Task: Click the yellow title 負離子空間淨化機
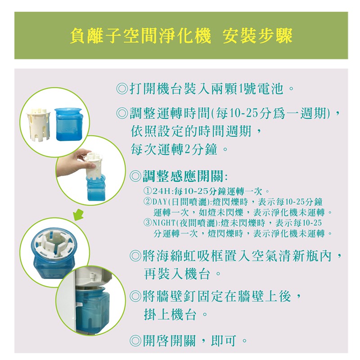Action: tap(140, 36)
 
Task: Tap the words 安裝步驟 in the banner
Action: tap(257, 36)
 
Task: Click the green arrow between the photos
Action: tap(78, 215)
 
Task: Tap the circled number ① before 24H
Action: tap(148, 191)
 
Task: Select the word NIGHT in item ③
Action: tap(164, 223)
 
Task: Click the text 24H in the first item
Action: tap(162, 191)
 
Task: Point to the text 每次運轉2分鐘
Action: tap(174, 149)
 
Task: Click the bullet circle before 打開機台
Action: tap(122, 89)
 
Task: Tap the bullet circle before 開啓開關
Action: tap(135, 341)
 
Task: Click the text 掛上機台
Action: tap(170, 314)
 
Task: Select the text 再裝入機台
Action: tap(177, 274)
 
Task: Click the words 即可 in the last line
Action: tap(223, 341)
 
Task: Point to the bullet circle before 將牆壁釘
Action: tap(135, 296)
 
